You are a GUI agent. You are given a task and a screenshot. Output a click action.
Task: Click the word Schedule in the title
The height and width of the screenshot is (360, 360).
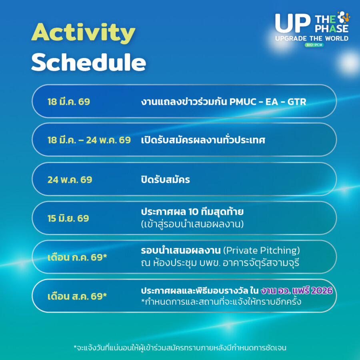[89, 62]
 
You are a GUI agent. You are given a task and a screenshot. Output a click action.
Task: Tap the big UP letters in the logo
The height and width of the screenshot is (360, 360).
[292, 23]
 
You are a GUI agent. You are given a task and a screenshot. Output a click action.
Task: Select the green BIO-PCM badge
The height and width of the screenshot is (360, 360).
[314, 45]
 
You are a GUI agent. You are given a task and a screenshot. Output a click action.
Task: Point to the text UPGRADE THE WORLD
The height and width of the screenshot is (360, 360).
[312, 38]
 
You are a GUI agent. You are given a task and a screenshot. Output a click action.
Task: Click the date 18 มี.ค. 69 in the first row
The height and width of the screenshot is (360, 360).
[69, 102]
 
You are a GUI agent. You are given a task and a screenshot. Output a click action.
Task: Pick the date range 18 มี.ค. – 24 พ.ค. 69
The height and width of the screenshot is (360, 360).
[89, 140]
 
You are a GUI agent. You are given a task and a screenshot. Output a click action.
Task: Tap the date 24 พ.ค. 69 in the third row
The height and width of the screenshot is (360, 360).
[70, 180]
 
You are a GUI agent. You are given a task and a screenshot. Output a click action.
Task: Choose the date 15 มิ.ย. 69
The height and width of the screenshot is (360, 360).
[68, 218]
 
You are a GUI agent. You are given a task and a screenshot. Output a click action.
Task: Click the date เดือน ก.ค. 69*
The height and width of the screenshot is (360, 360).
[77, 257]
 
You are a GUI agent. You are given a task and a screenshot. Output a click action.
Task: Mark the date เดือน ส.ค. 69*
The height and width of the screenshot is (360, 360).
[77, 296]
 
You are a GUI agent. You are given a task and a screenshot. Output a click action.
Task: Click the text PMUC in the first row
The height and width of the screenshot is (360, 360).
[243, 102]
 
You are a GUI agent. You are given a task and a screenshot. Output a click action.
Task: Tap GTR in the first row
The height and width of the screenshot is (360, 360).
[297, 102]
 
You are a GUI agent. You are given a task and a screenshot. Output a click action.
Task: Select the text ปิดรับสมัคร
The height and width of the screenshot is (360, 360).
[165, 179]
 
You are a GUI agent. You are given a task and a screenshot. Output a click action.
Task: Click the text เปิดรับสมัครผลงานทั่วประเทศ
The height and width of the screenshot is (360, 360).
[203, 140]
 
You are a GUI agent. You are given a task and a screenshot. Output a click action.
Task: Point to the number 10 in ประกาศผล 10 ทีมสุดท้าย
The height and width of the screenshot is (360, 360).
[193, 212]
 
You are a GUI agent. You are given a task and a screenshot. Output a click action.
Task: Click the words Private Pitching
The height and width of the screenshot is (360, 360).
[262, 250]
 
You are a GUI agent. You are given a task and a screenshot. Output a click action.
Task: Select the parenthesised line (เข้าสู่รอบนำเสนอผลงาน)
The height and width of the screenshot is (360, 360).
[192, 224]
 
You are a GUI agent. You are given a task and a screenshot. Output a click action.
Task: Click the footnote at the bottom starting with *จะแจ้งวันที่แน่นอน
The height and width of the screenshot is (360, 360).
[180, 348]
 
